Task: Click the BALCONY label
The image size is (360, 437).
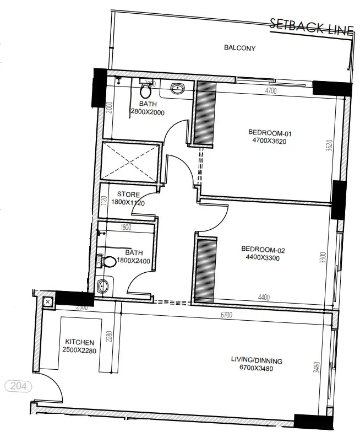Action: pos(239,48)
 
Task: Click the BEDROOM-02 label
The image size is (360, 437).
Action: pos(263,249)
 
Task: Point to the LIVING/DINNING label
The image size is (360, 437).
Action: pos(257,360)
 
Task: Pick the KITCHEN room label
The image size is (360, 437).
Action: pos(80,342)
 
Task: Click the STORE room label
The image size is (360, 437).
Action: pos(128,195)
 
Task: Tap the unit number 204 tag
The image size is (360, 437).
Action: pos(18,386)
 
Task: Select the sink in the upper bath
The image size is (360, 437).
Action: pos(178,88)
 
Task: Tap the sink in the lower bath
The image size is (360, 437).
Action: pos(103,286)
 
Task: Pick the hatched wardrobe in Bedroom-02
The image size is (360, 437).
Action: pos(205,268)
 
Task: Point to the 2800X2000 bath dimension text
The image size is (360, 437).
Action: pos(147,112)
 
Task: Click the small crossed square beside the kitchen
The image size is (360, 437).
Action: pos(47,301)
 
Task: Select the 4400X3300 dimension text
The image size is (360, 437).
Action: pos(263,257)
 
